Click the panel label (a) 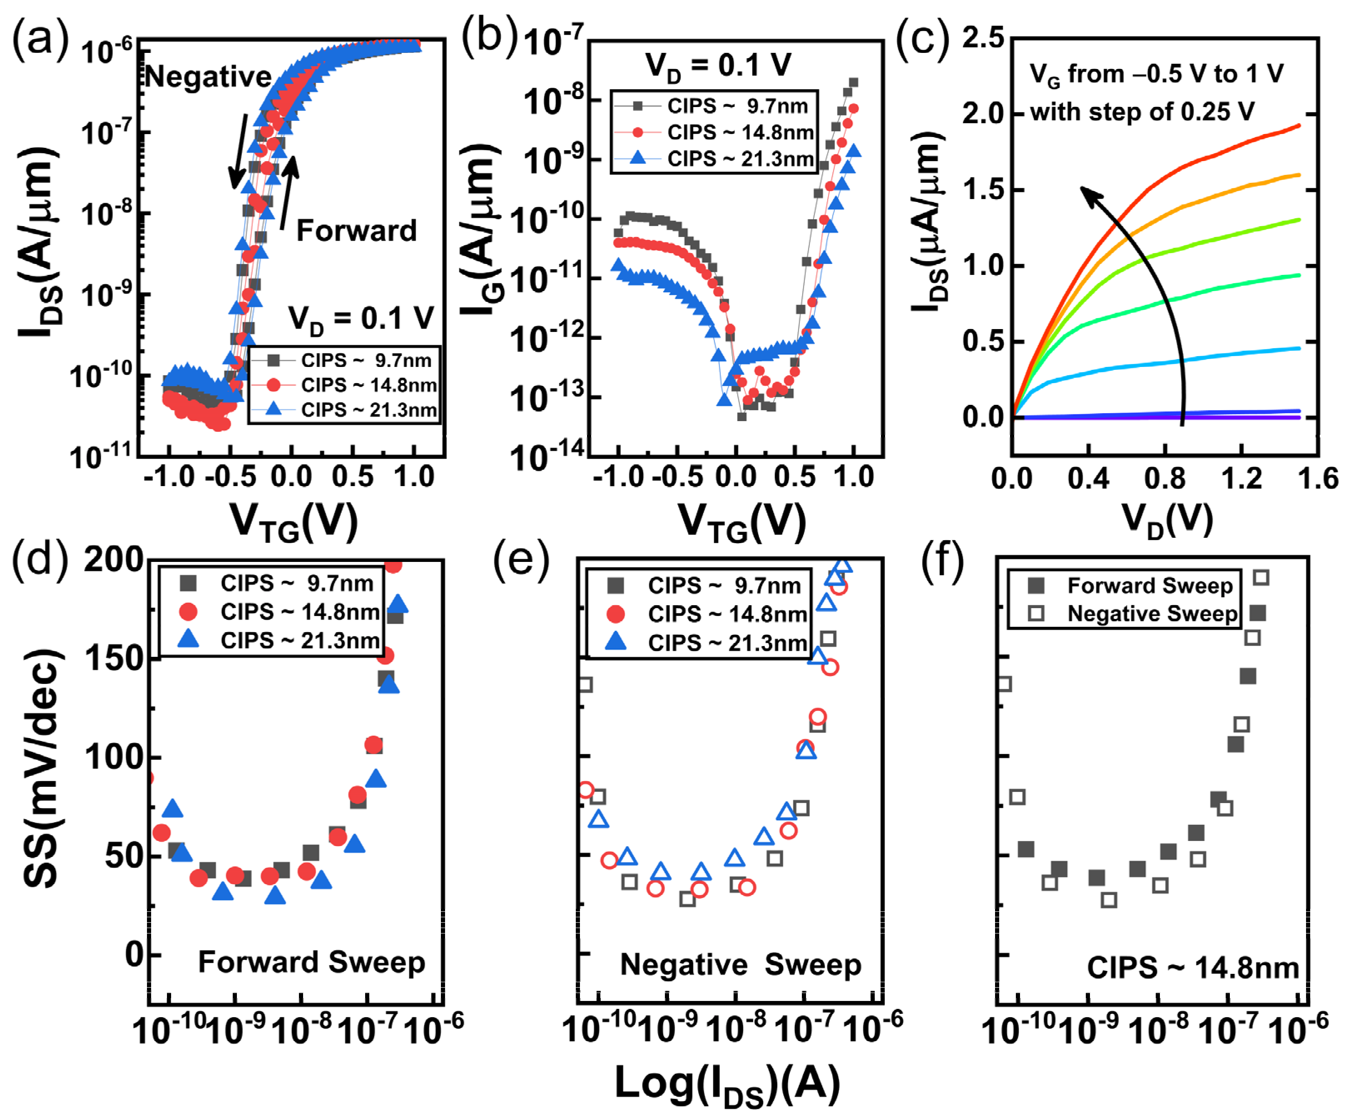pyautogui.click(x=40, y=40)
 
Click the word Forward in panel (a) pyautogui.click(x=356, y=230)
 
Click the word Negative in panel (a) pyautogui.click(x=208, y=77)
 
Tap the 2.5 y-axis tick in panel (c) pyautogui.click(x=983, y=39)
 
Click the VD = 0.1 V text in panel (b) pyautogui.click(x=718, y=66)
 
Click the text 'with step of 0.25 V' pyautogui.click(x=1142, y=112)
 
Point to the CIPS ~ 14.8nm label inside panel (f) pyautogui.click(x=1192, y=967)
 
